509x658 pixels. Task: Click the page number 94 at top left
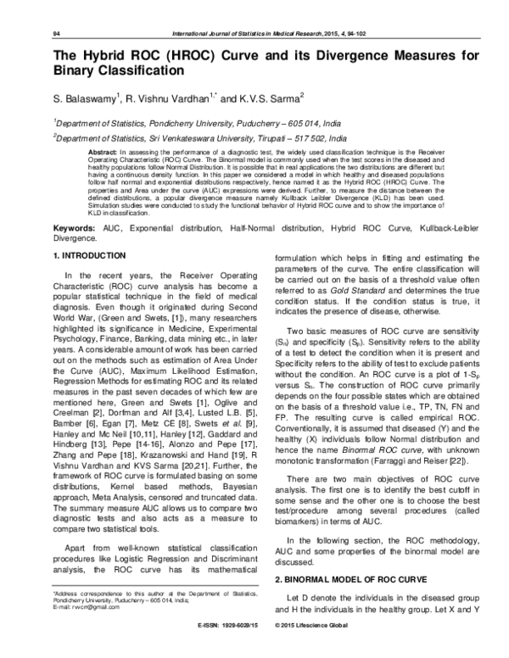(x=33, y=33)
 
